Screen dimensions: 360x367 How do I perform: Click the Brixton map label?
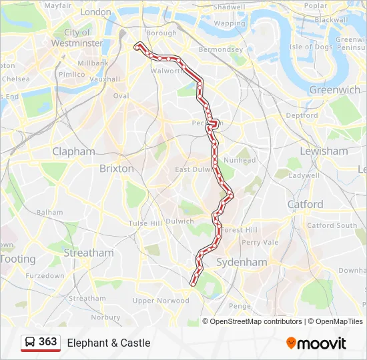coord(116,169)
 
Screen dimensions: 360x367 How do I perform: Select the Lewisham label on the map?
coord(324,151)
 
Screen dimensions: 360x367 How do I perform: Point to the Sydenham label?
coord(242,262)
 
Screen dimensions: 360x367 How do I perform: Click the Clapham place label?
coord(73,151)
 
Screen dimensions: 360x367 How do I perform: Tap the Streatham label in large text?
coord(89,253)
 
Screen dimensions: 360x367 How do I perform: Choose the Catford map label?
coord(305,204)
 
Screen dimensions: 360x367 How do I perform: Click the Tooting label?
coord(17,259)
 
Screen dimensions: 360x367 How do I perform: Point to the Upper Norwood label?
coord(161,301)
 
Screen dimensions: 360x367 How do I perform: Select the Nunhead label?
coord(240,160)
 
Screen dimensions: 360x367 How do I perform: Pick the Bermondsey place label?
coord(221,49)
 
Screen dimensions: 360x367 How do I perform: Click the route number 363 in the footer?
coord(47,342)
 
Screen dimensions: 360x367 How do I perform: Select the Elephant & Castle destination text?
coord(109,343)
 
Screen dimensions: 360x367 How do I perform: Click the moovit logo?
coord(316,343)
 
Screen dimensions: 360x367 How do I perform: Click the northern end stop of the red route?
coord(138,46)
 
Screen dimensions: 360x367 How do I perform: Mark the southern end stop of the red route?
coord(193,283)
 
